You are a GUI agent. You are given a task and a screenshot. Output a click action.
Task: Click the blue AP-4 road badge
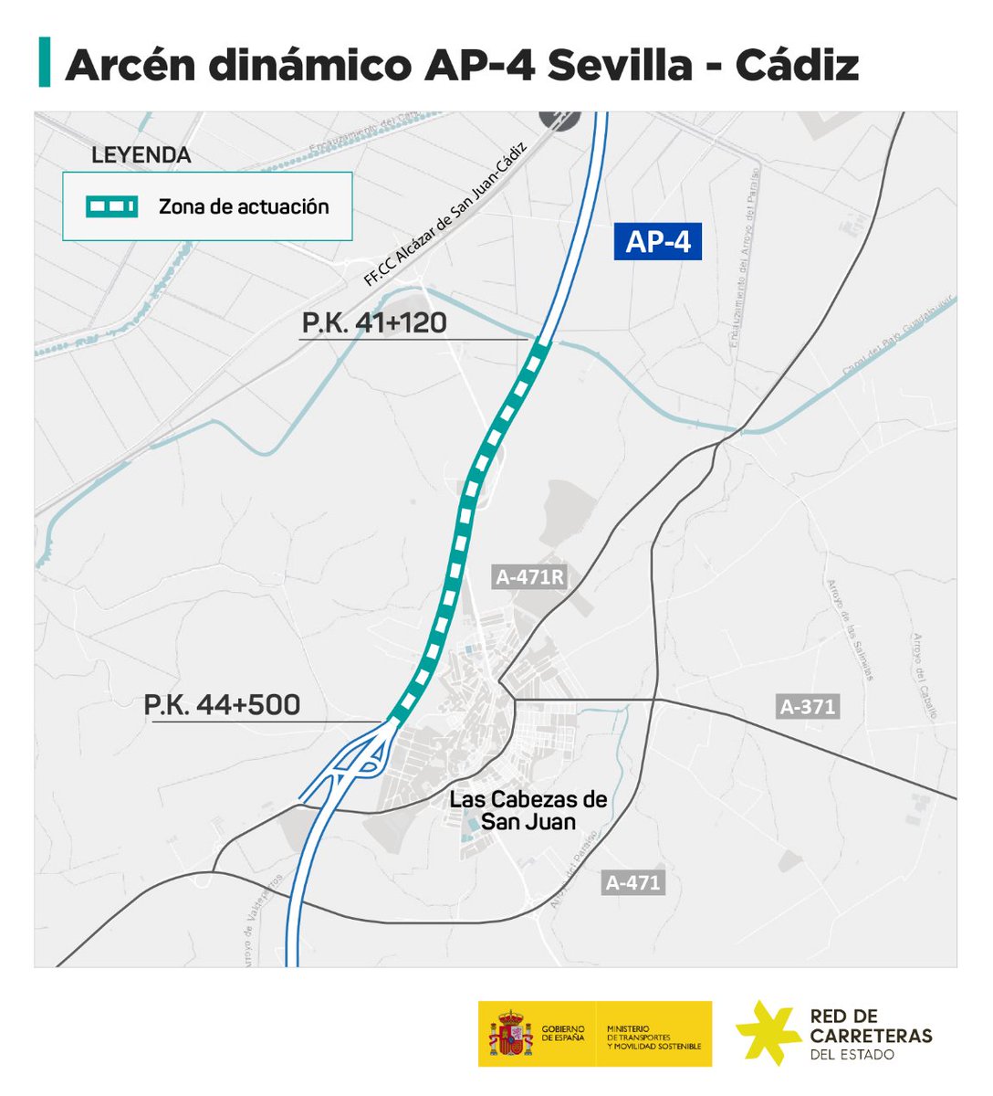coord(657,242)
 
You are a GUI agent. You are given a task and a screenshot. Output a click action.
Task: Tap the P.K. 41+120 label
coord(374,322)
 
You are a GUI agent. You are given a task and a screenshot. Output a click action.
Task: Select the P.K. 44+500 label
coord(222,705)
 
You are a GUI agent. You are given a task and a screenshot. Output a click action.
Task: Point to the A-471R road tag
coord(530,577)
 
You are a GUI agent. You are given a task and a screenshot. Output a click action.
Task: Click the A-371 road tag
coord(808,706)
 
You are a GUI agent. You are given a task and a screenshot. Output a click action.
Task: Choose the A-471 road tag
coord(632,883)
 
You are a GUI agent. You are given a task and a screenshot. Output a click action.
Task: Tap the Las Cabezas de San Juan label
coord(528,810)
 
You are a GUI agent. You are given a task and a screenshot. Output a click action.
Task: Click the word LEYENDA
coord(141,155)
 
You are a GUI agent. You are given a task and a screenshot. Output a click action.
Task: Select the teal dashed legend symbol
coord(111,207)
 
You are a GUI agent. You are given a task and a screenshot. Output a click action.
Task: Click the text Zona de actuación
coord(244,206)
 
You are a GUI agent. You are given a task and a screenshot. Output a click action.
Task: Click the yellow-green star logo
coord(768,1032)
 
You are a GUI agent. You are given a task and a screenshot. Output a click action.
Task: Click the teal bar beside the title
coord(44,62)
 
